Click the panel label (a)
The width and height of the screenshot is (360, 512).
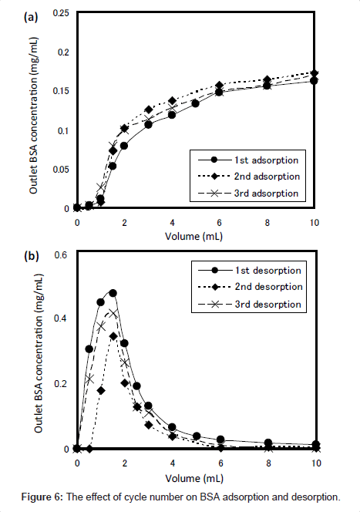coord(31,17)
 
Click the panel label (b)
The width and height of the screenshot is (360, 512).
coord(32,256)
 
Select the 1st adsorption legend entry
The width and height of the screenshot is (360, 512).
coord(248,160)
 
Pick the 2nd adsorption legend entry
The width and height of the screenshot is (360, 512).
coord(249,177)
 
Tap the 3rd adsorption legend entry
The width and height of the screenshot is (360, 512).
coord(248,194)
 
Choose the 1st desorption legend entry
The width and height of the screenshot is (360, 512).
coord(250,271)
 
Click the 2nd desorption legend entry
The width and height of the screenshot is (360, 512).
coord(251,287)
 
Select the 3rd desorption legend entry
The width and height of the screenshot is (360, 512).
coord(250,305)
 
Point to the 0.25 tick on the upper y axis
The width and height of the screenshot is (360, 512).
coord(61,13)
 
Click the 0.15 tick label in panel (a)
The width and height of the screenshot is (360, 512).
coord(61,91)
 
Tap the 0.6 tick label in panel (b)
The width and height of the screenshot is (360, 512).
coord(61,254)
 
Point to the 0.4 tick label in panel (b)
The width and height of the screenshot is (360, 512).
coord(60,318)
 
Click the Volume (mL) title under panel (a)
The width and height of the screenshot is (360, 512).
coord(193,236)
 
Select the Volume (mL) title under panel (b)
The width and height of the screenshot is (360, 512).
coord(194,478)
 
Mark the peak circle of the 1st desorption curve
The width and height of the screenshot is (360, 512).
coord(113,293)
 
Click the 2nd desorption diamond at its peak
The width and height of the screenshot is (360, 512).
coord(113,336)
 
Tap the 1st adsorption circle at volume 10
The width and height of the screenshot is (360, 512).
coord(314,81)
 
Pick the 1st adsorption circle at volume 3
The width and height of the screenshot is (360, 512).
coord(149,125)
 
